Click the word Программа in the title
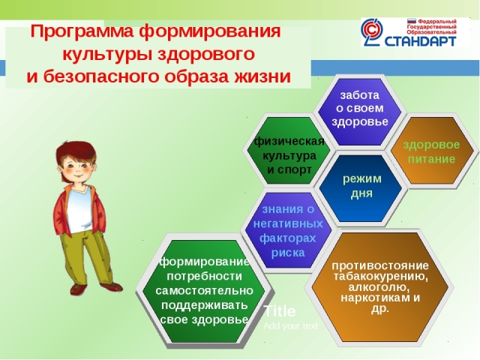point(82,31)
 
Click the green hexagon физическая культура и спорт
point(289,150)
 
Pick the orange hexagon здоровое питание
point(432,150)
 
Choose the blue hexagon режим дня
point(360,188)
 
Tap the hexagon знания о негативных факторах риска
point(288,229)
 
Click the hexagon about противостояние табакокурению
point(380,287)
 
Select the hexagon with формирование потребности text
point(203,291)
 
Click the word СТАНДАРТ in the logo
point(420,41)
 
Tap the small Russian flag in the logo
point(412,22)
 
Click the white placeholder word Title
point(280,311)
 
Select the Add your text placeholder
point(290,326)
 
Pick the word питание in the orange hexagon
point(431,159)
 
